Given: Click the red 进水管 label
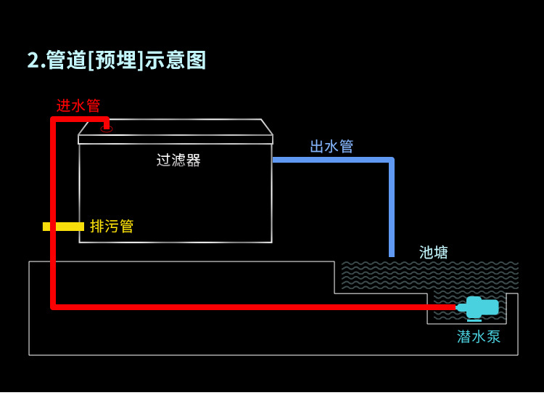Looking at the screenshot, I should coord(78,105).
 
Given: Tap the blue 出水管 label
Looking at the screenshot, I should coord(331,147).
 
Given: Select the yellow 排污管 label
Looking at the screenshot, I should coord(112,227).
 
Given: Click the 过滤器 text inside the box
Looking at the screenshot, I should coord(178,161).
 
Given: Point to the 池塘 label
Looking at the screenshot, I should coord(434,253).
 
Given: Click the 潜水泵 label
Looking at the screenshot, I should coord(479,337).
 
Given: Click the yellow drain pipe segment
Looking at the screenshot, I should coord(64,227).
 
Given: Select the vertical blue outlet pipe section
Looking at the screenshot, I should coord(392,211).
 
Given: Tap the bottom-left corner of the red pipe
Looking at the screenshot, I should coord(54,306).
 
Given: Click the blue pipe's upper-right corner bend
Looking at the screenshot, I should coord(391,161).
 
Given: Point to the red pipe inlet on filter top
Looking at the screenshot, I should coord(107,125).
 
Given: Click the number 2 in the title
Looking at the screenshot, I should coord(32,60).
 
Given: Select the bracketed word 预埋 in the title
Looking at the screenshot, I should coord(116,60).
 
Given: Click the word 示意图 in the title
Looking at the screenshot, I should coord(176,60).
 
